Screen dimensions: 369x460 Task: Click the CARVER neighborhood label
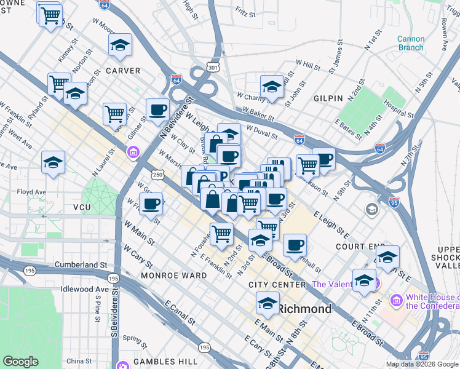tap(123, 71)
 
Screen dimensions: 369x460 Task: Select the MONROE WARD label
tap(174, 276)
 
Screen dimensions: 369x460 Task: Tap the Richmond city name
tap(306, 309)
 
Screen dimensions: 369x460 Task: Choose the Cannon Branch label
tap(410, 43)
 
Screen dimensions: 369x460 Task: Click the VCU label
tap(82, 208)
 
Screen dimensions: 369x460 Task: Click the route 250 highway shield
tap(159, 175)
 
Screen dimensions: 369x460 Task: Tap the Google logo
tap(21, 362)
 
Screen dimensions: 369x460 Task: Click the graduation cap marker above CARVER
tap(120, 44)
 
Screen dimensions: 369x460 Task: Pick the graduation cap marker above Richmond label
tap(268, 303)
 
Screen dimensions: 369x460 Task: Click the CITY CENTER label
tap(277, 285)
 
